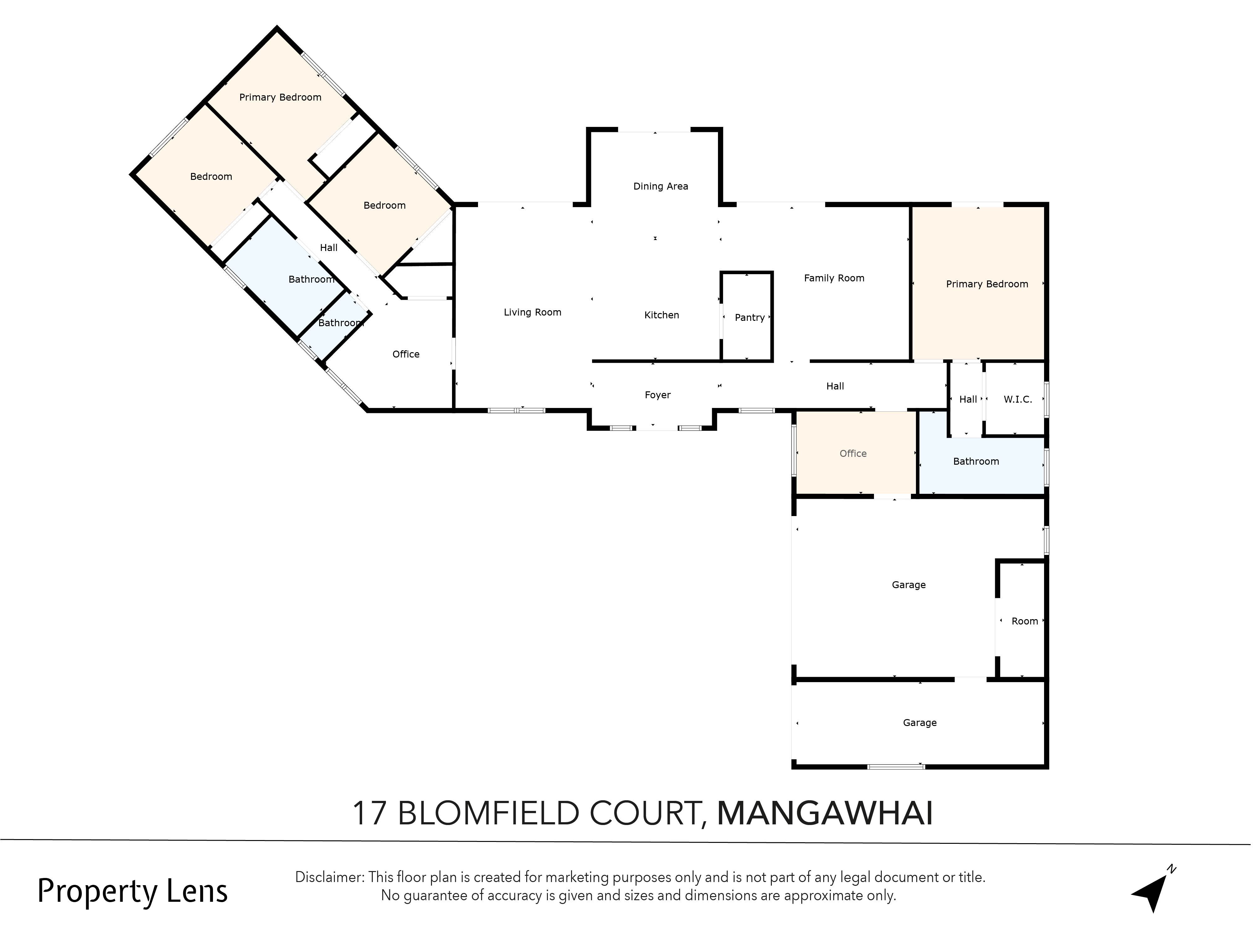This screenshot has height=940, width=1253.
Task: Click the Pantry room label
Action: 749,318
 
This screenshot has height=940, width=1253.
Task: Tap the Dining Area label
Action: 660,186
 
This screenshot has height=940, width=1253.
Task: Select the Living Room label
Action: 533,312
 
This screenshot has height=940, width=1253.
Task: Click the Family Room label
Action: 834,278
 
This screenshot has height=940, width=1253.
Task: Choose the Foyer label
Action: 658,395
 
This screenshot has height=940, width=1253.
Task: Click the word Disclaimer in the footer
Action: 329,877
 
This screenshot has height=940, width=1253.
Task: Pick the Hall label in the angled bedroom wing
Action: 329,248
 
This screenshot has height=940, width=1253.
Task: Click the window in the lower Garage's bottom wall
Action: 896,767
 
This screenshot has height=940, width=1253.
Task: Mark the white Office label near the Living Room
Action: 406,354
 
